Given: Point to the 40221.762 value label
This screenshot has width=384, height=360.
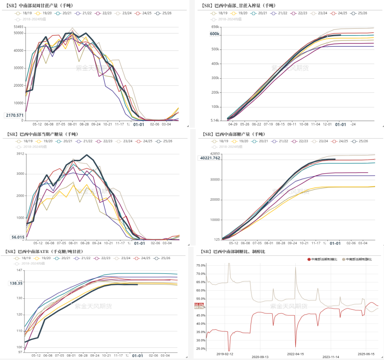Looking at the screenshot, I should pyautogui.click(x=210, y=158).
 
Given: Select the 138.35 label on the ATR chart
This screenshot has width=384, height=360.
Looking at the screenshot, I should pyautogui.click(x=15, y=283).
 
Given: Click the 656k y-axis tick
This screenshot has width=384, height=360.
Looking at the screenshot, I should pyautogui.click(x=215, y=27).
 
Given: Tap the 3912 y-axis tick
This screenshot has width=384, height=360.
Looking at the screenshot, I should pyautogui.click(x=19, y=154).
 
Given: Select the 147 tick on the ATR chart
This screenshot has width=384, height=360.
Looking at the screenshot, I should pyautogui.click(x=19, y=270).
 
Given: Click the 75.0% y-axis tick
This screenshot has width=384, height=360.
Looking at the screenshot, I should pyautogui.click(x=200, y=265).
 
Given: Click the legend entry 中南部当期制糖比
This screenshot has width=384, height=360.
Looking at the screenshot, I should pyautogui.click(x=324, y=259).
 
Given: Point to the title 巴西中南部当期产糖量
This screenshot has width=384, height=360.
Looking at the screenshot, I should pyautogui.click(x=42, y=134).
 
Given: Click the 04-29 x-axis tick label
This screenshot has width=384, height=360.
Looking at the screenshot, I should pyautogui.click(x=233, y=124).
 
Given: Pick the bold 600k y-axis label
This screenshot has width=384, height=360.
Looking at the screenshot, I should pyautogui.click(x=215, y=34).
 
